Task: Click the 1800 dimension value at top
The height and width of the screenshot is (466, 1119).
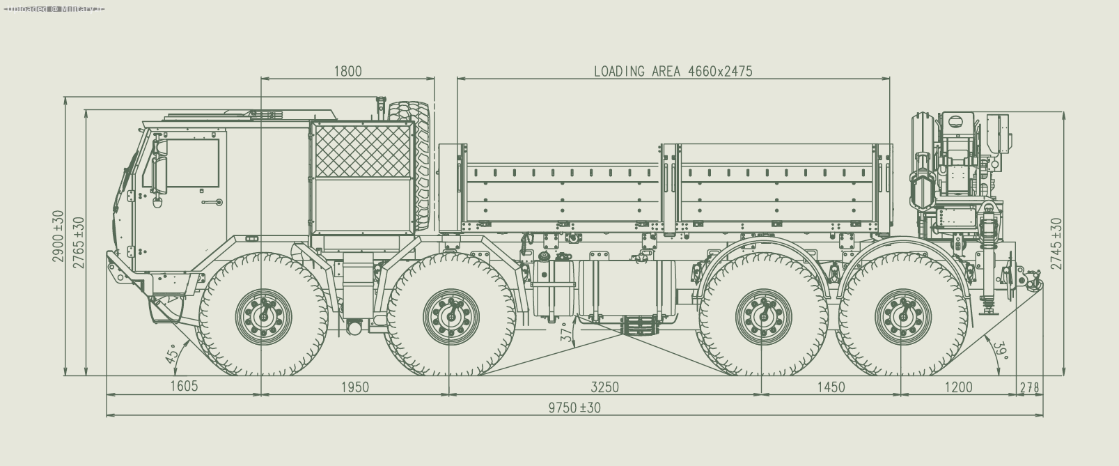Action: point(347,71)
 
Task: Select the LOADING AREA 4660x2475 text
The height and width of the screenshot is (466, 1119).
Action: point(673,71)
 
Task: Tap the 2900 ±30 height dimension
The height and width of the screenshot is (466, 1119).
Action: point(58,237)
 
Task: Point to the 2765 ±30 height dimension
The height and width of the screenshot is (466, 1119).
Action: point(79,242)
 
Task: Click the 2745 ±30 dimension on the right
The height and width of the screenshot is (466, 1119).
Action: point(1057,244)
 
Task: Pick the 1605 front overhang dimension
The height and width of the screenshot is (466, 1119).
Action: point(184,387)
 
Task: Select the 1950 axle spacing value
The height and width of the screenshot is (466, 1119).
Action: point(354,387)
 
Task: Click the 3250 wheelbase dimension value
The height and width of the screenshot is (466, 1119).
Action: point(604,387)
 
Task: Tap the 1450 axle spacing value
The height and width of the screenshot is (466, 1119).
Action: point(830,387)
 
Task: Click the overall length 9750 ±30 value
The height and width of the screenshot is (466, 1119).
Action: point(574,407)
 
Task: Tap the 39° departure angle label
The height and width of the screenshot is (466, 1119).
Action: point(1001,350)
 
